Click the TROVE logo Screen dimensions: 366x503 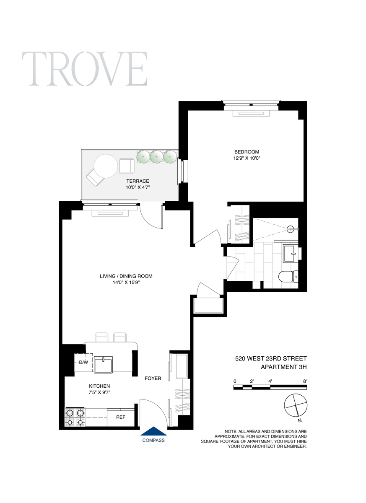(x=85, y=69)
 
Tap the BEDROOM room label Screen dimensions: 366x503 (x=247, y=152)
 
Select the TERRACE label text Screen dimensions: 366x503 (x=138, y=181)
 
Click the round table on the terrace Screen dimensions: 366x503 (x=106, y=166)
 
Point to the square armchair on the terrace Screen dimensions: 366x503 (x=127, y=166)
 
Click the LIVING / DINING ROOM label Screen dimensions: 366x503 (x=126, y=276)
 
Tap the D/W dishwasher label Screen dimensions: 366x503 (x=83, y=362)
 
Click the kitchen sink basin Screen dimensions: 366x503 (x=103, y=365)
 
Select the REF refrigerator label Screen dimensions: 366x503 (x=121, y=417)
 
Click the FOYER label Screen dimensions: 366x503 (x=153, y=379)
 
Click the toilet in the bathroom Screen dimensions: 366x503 (x=288, y=276)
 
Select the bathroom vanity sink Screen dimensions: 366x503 (x=291, y=254)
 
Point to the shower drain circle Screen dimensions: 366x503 (x=291, y=229)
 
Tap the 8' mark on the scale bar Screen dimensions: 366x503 (x=305, y=381)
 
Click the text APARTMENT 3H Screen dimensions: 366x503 (x=283, y=367)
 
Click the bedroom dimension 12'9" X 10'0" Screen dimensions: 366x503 (x=247, y=158)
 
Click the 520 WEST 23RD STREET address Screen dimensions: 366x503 (x=271, y=358)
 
